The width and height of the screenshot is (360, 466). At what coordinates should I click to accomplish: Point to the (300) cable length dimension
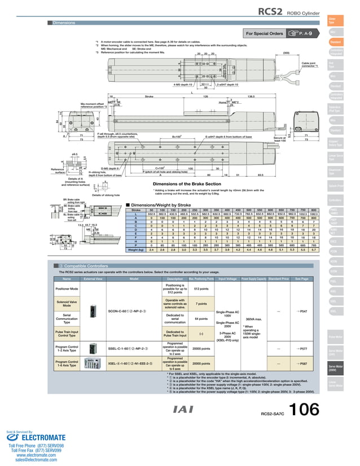point(286,52)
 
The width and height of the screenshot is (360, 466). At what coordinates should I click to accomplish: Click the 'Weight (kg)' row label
point(138,249)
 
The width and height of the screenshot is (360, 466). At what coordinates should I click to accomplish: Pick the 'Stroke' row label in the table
point(135,210)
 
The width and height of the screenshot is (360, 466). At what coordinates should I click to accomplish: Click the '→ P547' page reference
point(301,311)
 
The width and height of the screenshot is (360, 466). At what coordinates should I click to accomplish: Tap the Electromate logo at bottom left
point(34,437)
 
